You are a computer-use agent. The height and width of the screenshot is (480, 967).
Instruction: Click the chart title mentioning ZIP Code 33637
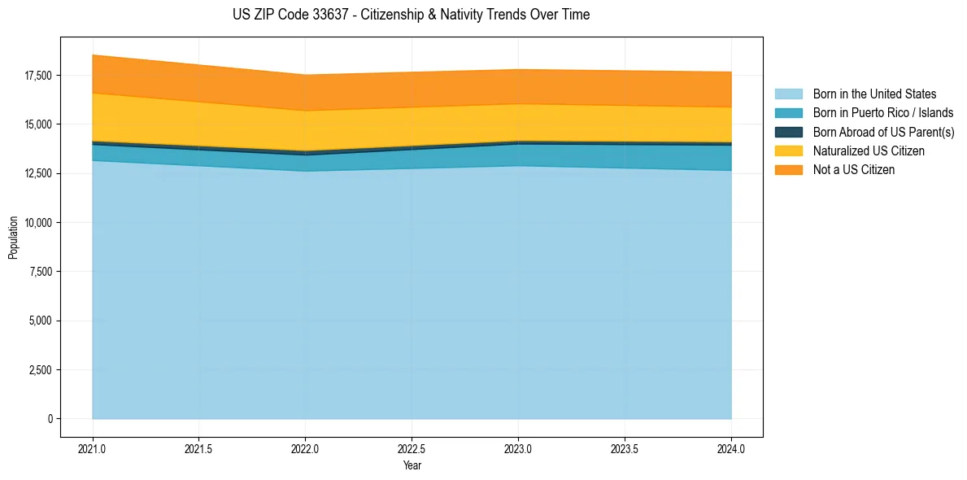click(x=411, y=15)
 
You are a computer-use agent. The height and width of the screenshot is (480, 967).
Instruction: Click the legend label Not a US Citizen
click(x=854, y=170)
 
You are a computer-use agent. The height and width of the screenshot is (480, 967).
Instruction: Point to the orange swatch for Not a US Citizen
click(x=788, y=170)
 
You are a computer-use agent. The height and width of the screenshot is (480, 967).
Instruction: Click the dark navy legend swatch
click(x=788, y=132)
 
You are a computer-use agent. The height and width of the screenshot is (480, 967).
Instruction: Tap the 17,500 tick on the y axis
click(x=38, y=76)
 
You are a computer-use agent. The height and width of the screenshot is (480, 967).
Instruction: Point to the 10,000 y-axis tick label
click(x=38, y=223)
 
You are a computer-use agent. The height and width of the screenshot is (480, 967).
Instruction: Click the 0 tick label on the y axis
click(x=50, y=419)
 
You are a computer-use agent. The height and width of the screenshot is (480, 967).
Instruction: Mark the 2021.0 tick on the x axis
click(x=93, y=448)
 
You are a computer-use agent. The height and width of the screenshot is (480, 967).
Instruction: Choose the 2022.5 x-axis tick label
click(x=412, y=448)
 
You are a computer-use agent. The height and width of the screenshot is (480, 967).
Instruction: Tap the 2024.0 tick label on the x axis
click(x=731, y=448)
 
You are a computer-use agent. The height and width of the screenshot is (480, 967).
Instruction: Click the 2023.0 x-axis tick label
click(x=518, y=448)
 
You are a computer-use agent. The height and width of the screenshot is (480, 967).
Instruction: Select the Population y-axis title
click(x=13, y=238)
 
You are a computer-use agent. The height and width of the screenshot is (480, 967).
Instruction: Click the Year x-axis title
click(x=412, y=465)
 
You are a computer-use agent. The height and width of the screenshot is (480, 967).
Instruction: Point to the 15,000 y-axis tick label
click(x=38, y=124)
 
